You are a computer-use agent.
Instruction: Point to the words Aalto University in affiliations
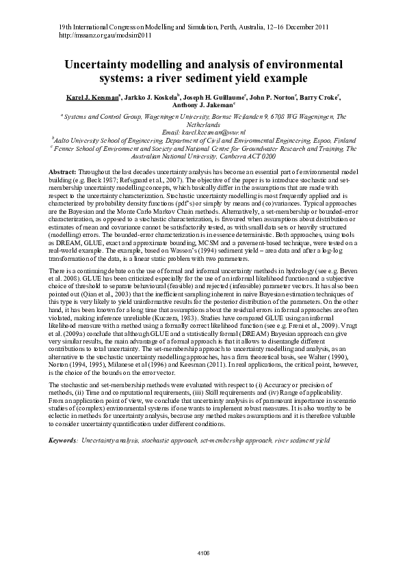coord(77,139)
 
